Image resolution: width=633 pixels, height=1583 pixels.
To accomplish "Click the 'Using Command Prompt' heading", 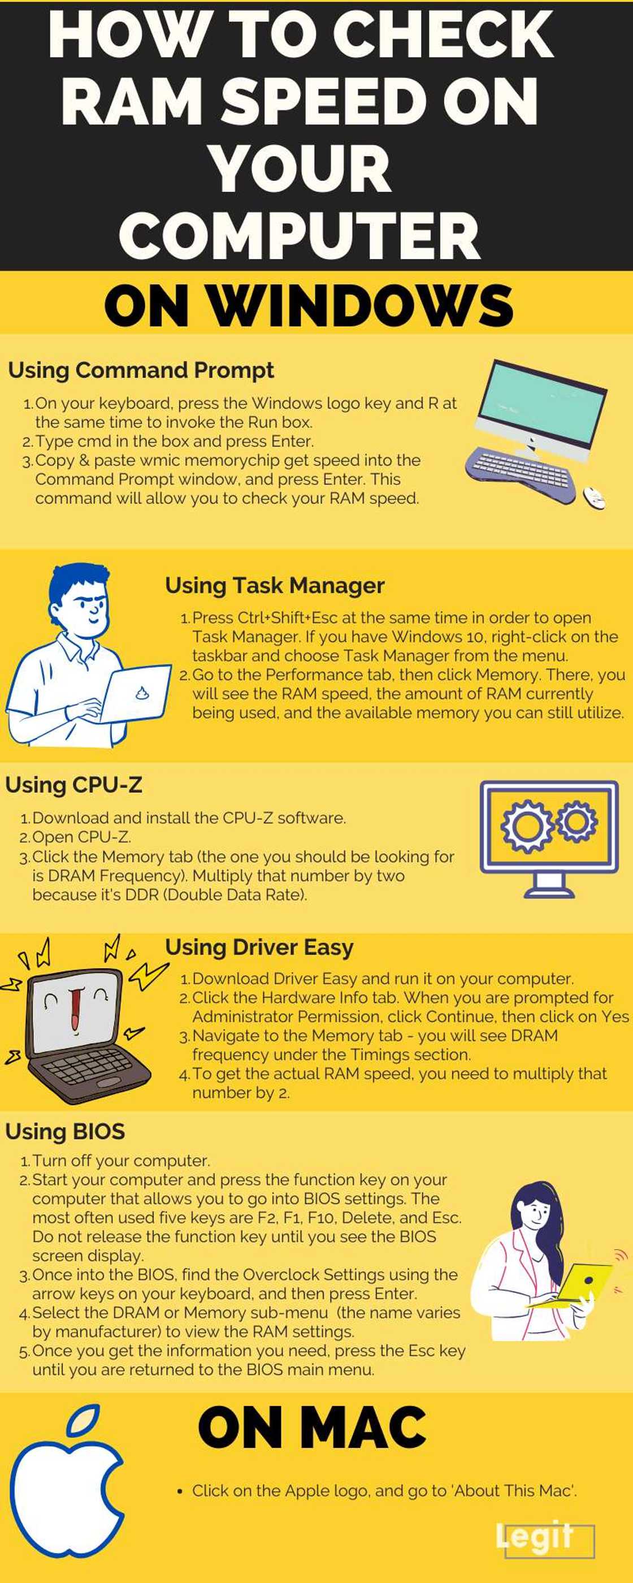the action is click(x=141, y=370).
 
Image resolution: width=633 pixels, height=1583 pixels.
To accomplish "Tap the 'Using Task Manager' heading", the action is click(x=275, y=586).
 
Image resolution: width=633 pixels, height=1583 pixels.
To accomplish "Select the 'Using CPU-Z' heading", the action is click(x=73, y=785).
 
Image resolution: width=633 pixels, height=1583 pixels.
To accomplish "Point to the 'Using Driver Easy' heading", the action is click(x=259, y=948).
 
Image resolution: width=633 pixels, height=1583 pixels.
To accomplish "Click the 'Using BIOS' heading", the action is click(x=65, y=1131).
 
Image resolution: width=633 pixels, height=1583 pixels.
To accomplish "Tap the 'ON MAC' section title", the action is click(x=312, y=1428).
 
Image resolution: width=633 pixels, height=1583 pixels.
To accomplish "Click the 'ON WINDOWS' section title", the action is click(x=309, y=305).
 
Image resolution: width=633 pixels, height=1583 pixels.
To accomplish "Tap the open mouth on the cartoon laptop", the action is click(x=75, y=1008).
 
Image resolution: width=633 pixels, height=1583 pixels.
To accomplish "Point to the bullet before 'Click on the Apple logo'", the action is click(x=180, y=1491).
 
